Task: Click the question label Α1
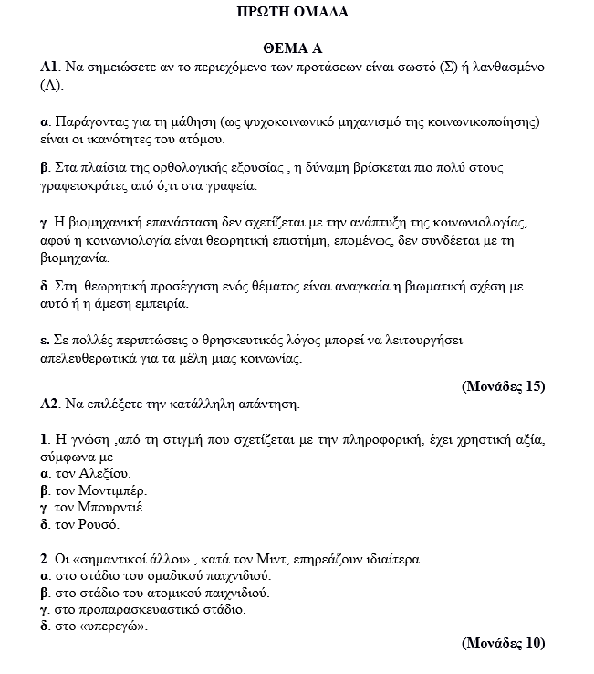coord(49,68)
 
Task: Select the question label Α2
coord(49,404)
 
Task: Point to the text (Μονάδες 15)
coord(504,385)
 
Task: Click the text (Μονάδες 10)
coord(504,643)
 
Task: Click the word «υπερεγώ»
coord(109,627)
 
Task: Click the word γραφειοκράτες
coord(85,186)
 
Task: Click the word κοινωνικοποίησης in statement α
coord(486,121)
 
